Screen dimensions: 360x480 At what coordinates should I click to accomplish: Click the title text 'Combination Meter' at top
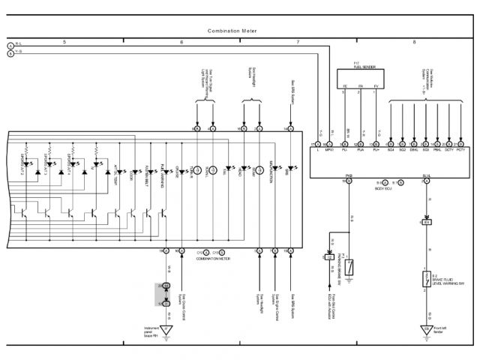pyautogui.click(x=232, y=31)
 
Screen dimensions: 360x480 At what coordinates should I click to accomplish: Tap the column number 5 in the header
pyautogui.click(x=64, y=43)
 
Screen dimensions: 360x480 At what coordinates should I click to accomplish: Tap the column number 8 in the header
pyautogui.click(x=413, y=43)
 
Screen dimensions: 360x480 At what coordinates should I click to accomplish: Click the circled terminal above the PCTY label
pyautogui.click(x=460, y=143)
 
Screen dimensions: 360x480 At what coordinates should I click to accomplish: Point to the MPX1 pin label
pyautogui.click(x=329, y=151)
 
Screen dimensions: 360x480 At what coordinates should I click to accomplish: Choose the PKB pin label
pyautogui.click(x=349, y=175)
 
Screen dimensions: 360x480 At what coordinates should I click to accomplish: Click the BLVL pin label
pyautogui.click(x=426, y=175)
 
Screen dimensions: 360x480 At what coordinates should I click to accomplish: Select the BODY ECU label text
pyautogui.click(x=385, y=189)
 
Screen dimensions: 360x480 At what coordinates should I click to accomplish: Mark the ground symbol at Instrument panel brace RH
pyautogui.click(x=166, y=331)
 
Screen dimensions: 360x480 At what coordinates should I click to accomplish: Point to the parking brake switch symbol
pyautogui.click(x=349, y=266)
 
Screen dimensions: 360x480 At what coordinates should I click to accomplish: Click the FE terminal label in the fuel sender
pyautogui.click(x=345, y=87)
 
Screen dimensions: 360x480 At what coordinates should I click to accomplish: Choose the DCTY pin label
pyautogui.click(x=448, y=151)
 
